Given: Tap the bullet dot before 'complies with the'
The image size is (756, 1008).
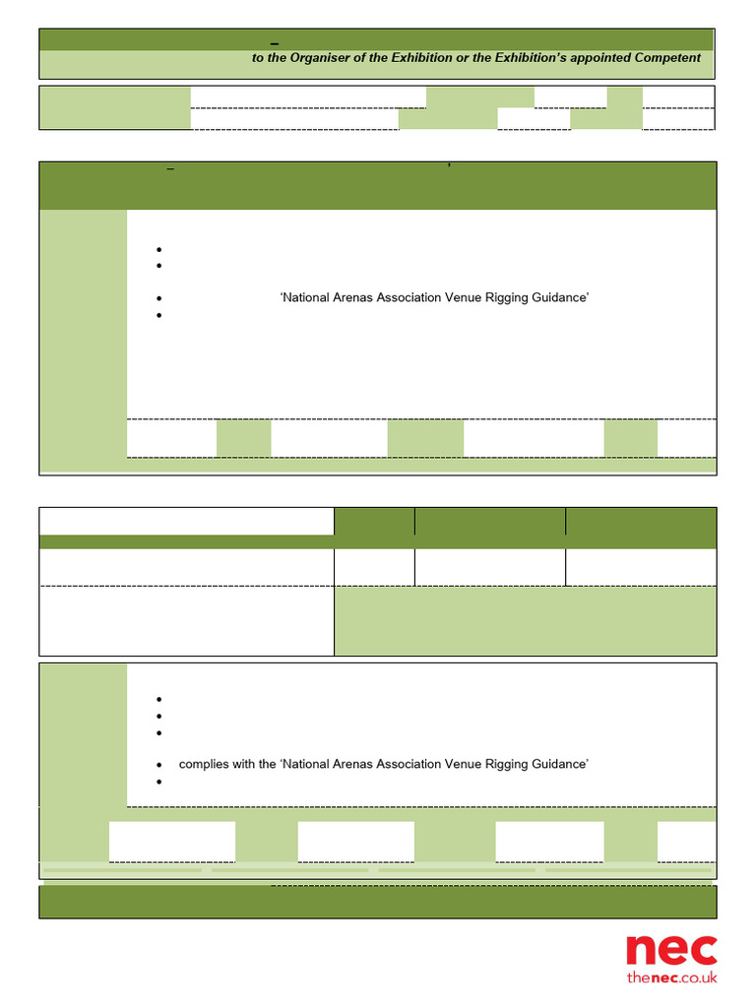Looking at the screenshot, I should point(159,765).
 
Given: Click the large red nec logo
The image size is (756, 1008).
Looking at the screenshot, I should point(671,950).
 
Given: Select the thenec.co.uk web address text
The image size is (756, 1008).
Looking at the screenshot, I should point(671,977).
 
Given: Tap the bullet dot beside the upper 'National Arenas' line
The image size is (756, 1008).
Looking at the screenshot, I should point(159,297).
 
